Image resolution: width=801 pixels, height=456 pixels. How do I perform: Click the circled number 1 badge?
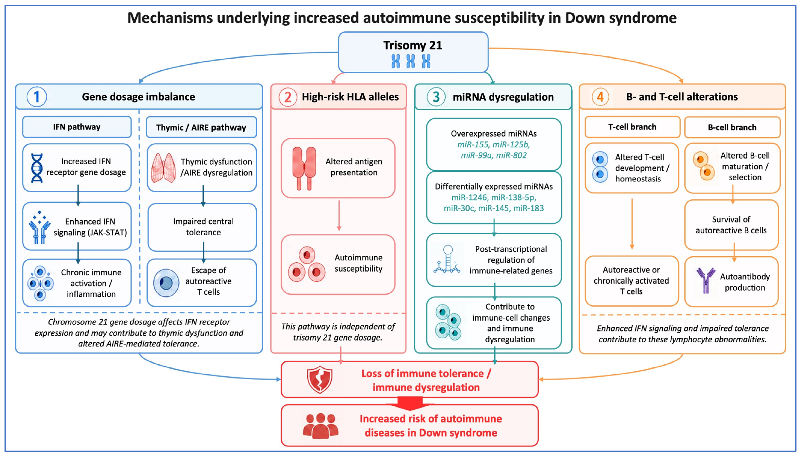tap(37, 97)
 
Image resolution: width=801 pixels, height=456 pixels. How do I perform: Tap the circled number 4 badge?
tap(600, 97)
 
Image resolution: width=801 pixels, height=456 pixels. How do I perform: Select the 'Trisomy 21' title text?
tap(413, 46)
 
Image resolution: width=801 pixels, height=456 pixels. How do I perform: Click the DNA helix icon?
tap(37, 168)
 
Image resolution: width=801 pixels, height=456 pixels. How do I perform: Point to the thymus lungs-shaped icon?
tap(163, 168)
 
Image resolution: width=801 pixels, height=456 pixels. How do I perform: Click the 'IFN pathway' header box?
tap(77, 127)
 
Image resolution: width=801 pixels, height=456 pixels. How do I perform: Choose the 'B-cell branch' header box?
tap(732, 127)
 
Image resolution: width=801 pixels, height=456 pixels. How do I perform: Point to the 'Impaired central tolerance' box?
tap(202, 227)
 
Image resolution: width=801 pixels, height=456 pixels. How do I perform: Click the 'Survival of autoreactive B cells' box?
tap(731, 225)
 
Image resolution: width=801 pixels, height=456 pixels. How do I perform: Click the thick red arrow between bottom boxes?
tap(410, 403)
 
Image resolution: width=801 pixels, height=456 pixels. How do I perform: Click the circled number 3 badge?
tap(436, 97)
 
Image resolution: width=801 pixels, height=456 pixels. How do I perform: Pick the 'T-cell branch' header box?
tap(632, 127)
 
